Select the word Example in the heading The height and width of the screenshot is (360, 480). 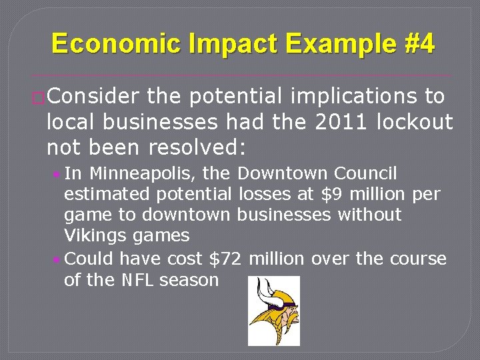(x=323, y=44)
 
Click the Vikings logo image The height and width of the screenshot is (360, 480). (x=273, y=311)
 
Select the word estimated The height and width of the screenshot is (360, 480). (x=103, y=195)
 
